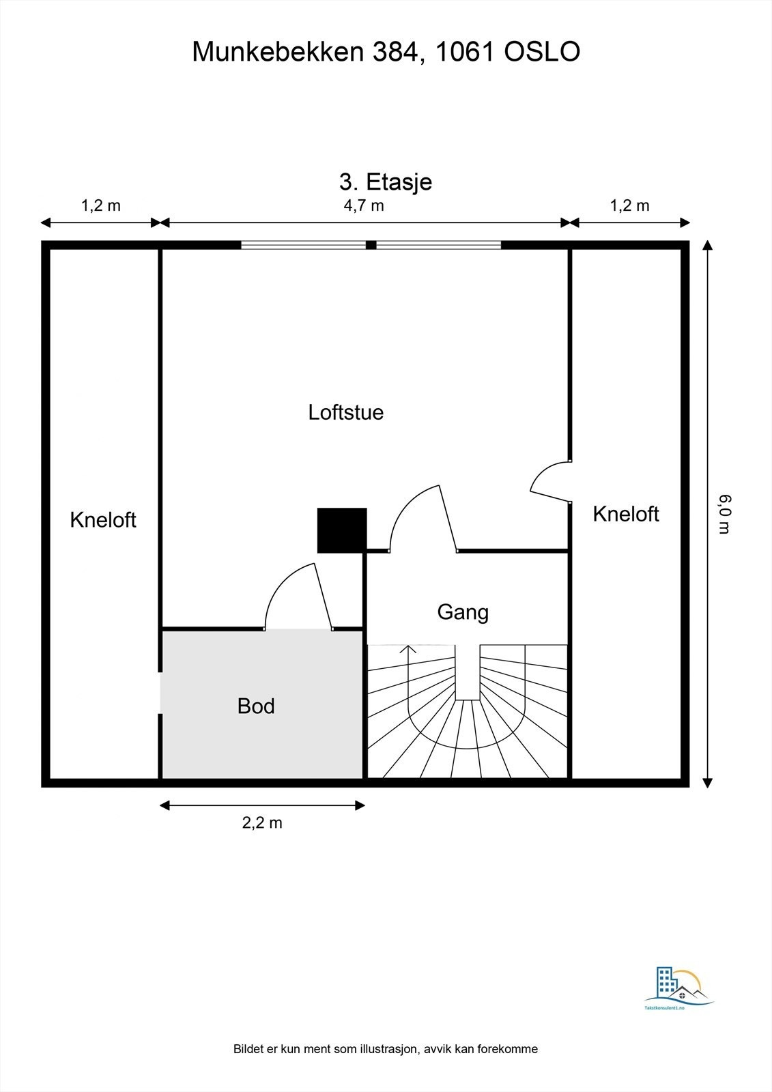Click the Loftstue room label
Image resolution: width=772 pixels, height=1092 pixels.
[346, 412]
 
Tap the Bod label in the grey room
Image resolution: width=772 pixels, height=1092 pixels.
[256, 706]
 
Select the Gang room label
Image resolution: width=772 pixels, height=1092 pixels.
[463, 613]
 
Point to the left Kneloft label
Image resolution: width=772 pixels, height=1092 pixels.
[103, 520]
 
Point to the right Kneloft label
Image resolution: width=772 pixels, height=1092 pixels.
[626, 514]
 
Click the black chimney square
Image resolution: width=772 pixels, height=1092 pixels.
[342, 530]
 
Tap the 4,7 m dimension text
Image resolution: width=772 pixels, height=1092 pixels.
[364, 205]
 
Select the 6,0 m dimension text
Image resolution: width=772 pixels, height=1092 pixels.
[725, 514]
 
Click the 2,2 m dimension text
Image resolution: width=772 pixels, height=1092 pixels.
[262, 822]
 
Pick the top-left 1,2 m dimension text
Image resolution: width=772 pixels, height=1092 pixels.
[100, 205]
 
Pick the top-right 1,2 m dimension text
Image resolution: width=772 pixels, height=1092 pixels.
[629, 205]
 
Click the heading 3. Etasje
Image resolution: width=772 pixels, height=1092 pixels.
[386, 182]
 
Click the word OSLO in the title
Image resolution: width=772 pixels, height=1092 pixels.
[542, 52]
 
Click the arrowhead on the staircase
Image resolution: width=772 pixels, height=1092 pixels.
[408, 649]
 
